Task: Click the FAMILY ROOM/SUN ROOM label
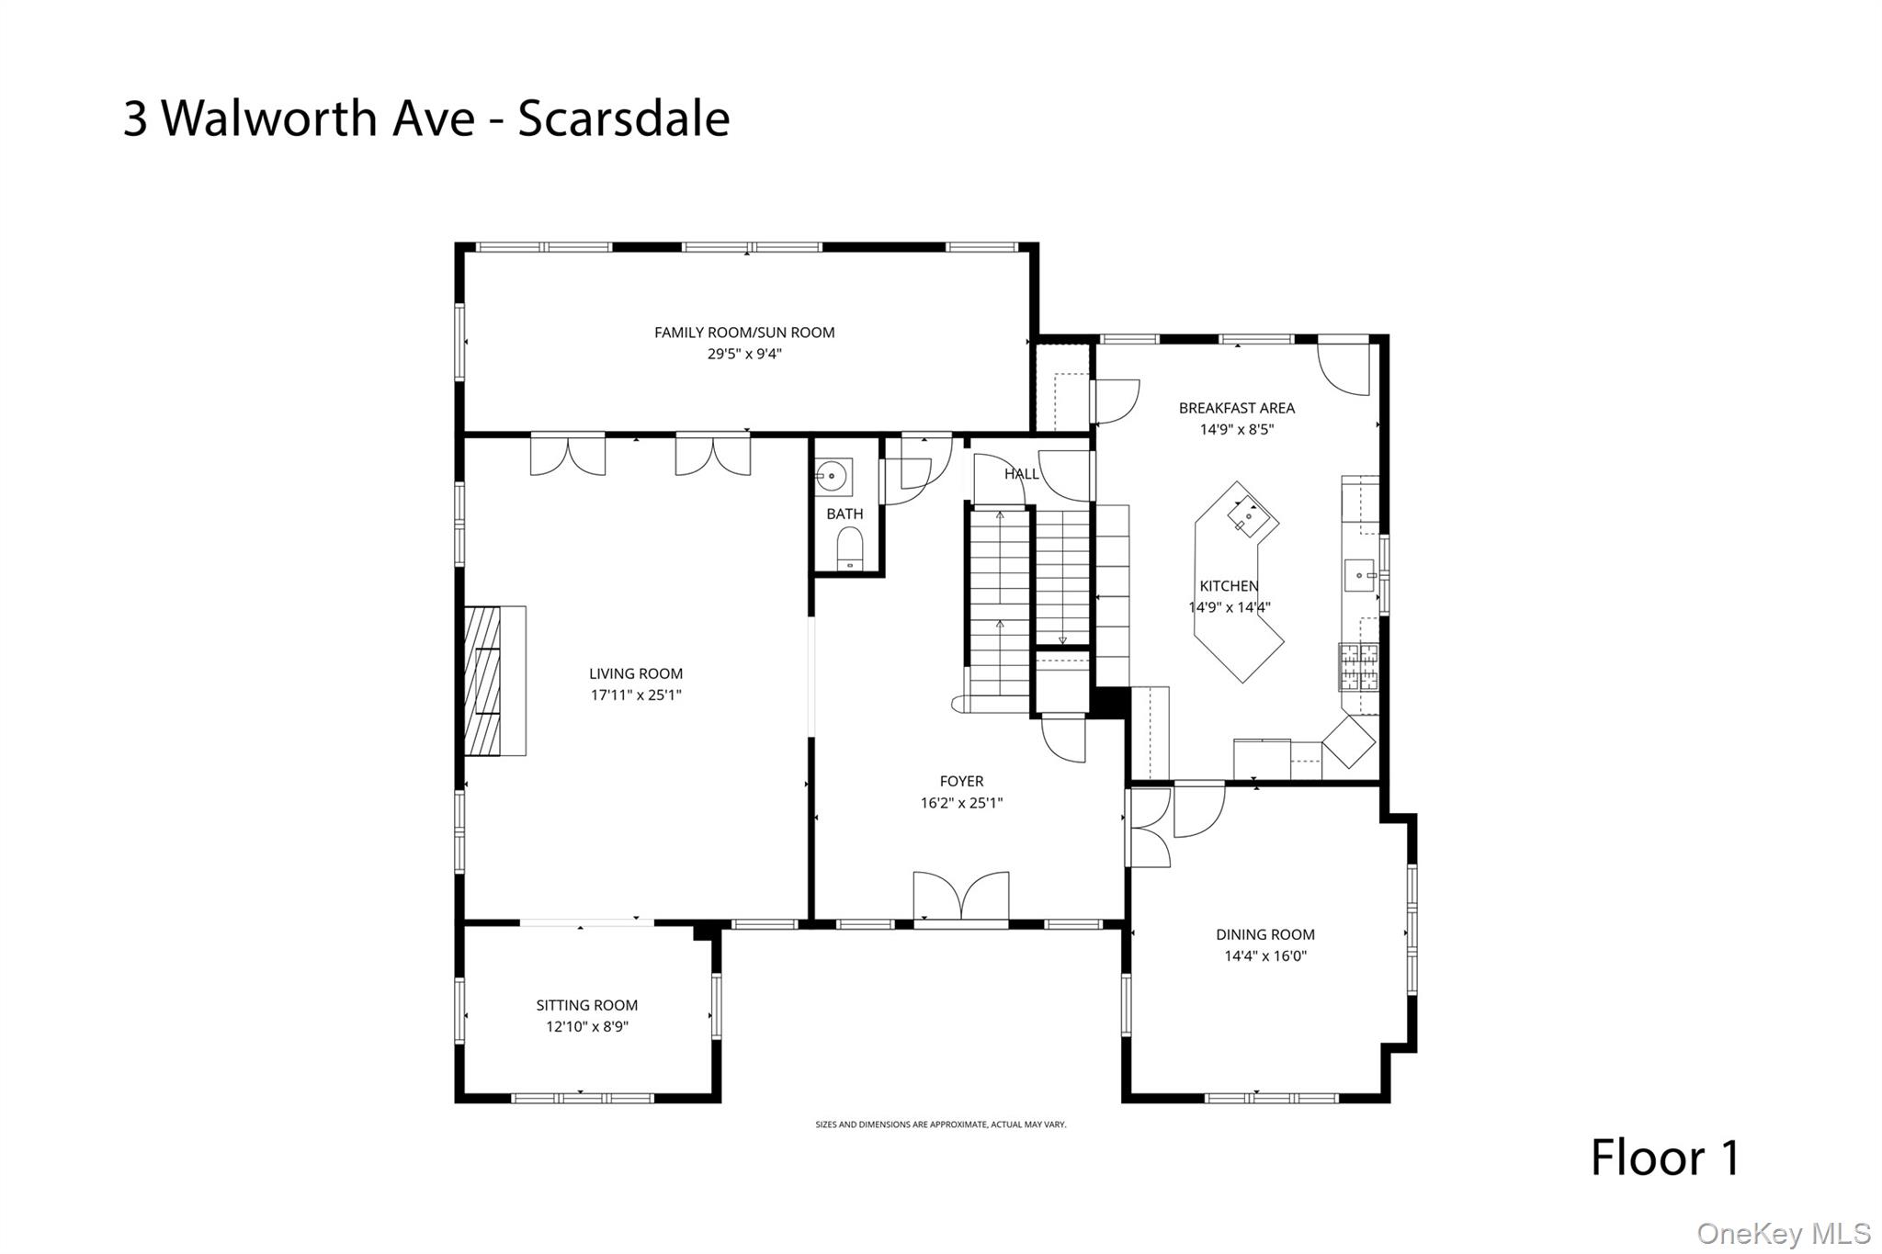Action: point(744,333)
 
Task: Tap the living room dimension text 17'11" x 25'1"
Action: point(636,695)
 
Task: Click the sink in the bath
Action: point(833,477)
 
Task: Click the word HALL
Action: point(1021,474)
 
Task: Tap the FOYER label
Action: point(961,782)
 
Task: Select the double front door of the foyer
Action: point(960,897)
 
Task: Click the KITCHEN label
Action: point(1229,586)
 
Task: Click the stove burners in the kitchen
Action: point(1358,667)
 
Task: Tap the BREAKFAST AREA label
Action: point(1237,408)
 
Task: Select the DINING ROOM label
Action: point(1265,934)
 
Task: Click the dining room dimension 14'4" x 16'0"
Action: point(1265,956)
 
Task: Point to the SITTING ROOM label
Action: point(587,1006)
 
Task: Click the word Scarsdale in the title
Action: point(624,119)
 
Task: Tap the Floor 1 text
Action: point(1665,1158)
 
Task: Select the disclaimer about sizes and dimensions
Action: point(941,1124)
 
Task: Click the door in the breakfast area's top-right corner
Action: point(1344,368)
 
